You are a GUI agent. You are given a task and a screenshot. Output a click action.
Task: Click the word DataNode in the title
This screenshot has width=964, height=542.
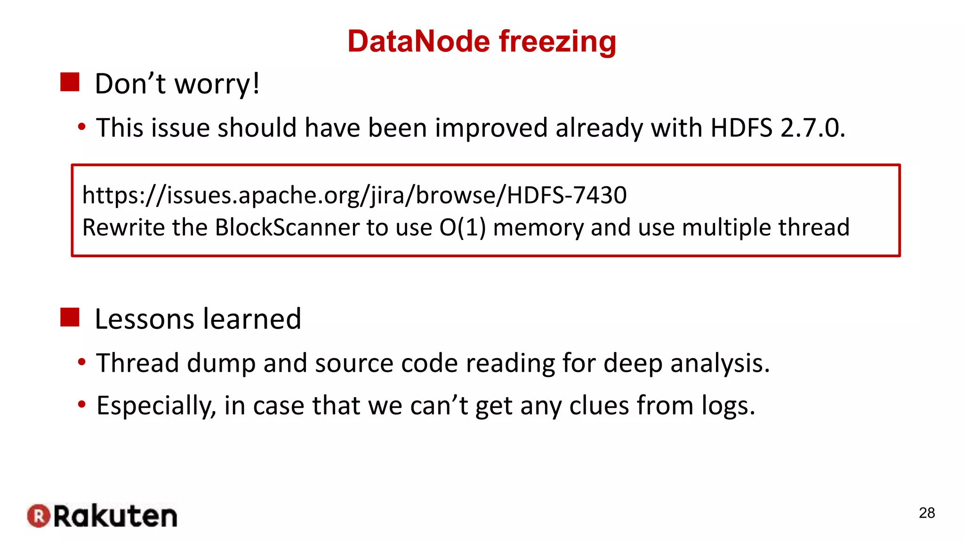tap(419, 41)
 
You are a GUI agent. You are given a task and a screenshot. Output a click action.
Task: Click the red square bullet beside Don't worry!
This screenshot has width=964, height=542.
tap(70, 82)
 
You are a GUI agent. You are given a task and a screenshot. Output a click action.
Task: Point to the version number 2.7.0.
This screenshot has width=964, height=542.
tap(812, 128)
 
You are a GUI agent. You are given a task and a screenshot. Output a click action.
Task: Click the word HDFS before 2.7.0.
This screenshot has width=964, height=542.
tap(741, 128)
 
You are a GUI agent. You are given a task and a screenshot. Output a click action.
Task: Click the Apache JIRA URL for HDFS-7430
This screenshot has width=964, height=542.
tap(354, 195)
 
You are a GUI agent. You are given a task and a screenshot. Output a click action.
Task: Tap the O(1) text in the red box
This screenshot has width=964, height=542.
tap(463, 228)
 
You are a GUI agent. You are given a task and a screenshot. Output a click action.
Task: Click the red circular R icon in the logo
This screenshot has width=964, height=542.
tap(39, 516)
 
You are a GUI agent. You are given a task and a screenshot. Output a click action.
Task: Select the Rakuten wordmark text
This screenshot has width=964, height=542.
tap(115, 516)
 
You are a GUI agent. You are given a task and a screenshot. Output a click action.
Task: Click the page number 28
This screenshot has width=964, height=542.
tap(926, 513)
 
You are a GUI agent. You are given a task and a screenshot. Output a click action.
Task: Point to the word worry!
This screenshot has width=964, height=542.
tap(217, 84)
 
